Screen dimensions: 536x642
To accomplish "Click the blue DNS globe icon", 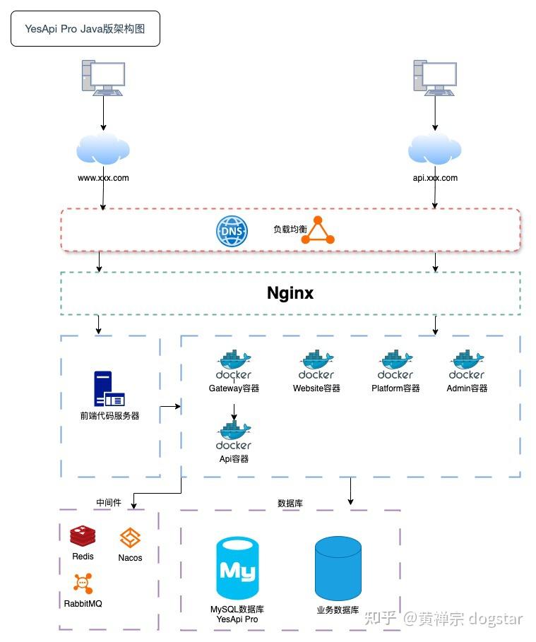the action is pos(232,232).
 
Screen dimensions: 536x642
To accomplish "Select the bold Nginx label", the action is pos(290,292).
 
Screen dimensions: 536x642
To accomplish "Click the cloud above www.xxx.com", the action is pos(103,148).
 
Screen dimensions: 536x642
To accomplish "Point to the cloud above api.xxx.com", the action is pos(434,148).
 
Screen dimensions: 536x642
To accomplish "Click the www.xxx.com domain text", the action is pos(103,178).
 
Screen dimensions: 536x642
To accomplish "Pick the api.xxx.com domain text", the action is pos(435,178).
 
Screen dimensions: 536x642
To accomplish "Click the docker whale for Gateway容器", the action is pos(234,360).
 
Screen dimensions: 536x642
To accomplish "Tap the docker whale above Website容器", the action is pos(316,360).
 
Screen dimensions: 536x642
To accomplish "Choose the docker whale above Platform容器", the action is pos(395,360).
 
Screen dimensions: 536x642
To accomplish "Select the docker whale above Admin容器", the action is pos(467,360).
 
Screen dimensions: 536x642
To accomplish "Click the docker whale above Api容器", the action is pos(234,430).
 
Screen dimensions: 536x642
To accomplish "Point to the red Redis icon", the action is pos(83,537).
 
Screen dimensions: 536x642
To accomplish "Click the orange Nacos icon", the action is pos(130,538).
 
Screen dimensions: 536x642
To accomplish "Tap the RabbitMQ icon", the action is pos(83,583).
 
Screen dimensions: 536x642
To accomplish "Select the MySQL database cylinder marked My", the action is pos(237,568).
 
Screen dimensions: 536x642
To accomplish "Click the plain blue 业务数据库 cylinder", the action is pos(338,568).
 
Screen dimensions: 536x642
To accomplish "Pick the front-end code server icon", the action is pos(109,388).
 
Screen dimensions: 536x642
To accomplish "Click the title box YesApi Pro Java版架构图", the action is pos(85,29).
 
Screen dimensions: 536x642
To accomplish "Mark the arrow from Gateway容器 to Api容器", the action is pos(234,412).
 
